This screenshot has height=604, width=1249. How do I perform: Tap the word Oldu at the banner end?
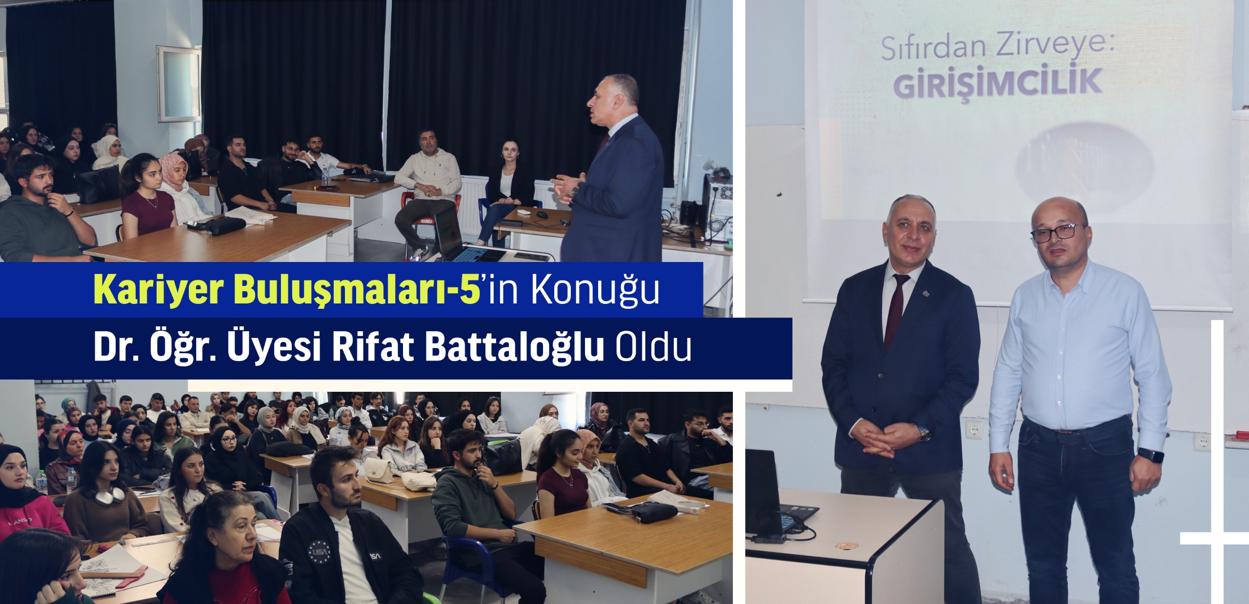(x=653, y=347)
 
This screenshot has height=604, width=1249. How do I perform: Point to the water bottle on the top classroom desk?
(x=325, y=178)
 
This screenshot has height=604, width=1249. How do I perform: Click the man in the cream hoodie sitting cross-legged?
(x=424, y=190)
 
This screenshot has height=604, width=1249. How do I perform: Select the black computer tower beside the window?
(x=716, y=207)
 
